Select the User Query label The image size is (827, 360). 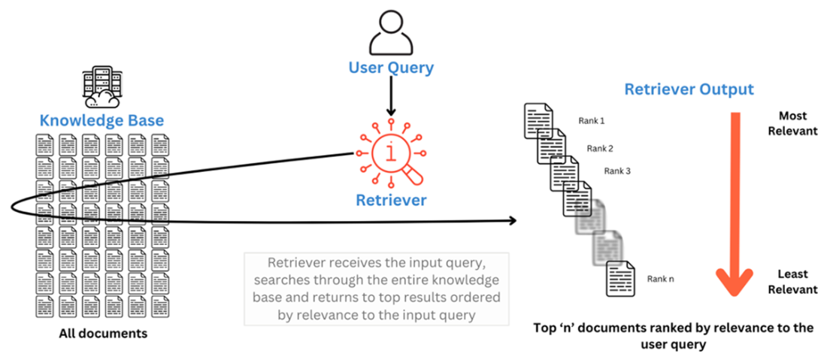coord(391,68)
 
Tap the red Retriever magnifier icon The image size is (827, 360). coord(392,153)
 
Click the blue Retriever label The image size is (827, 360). coord(392,200)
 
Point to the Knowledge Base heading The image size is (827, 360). coord(101,120)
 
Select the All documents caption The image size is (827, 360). coord(101,334)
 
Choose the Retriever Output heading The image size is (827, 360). coord(689,90)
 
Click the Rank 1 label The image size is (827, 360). coord(592,120)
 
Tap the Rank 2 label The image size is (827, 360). coord(600,148)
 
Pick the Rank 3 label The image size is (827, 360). coord(616,171)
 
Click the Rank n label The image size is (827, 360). coord(660,279)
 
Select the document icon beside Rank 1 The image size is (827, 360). coord(536,120)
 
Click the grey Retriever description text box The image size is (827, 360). coord(376,289)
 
